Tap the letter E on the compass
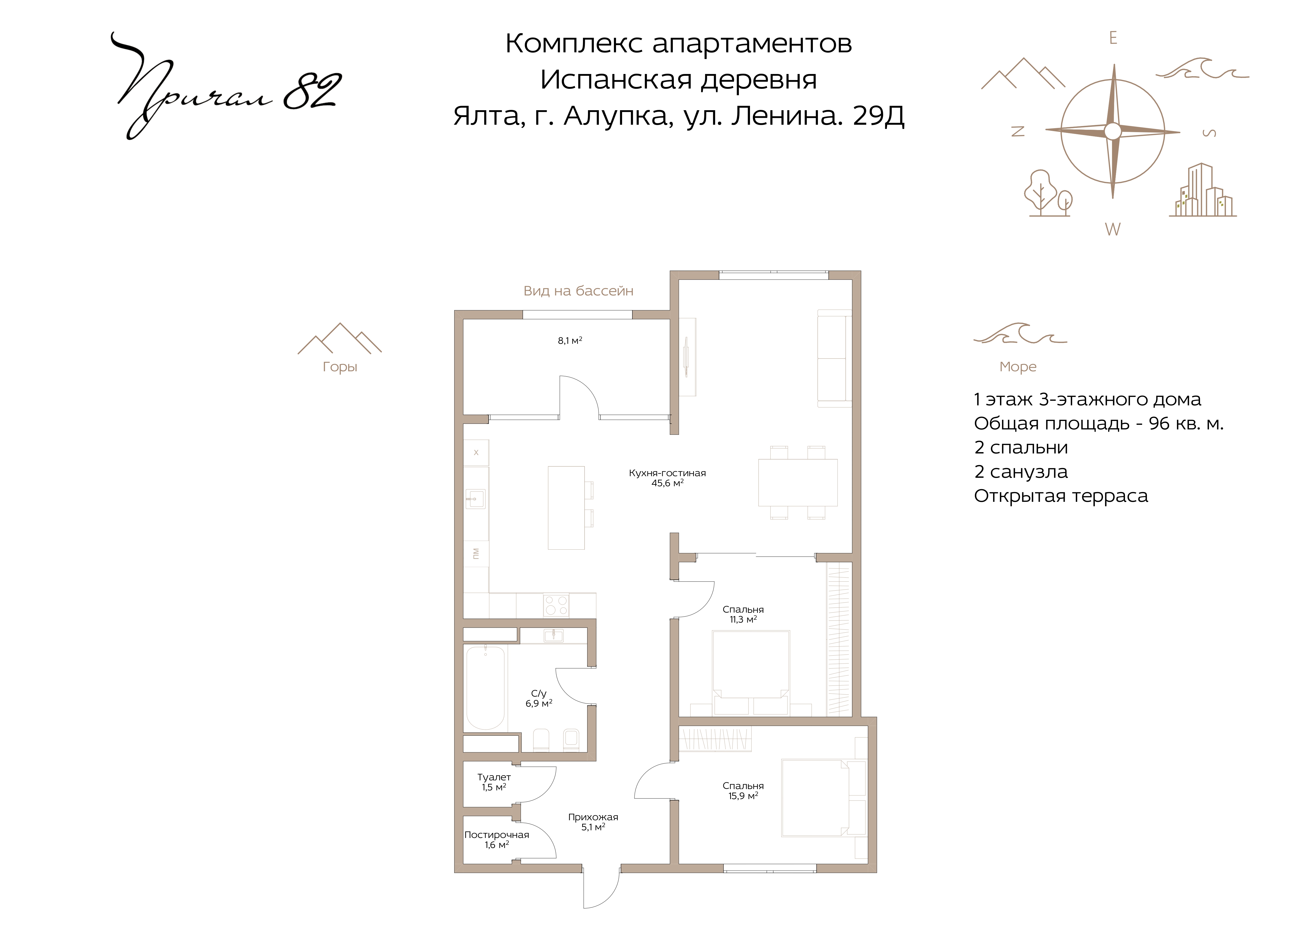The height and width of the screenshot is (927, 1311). pos(1113,38)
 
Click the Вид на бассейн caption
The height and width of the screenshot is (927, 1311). pos(578,291)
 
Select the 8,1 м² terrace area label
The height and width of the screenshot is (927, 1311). pos(570,341)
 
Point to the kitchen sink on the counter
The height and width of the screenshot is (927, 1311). pos(475,498)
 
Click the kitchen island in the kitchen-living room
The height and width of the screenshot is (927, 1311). pos(566,507)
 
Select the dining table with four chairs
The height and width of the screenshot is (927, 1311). pos(798,482)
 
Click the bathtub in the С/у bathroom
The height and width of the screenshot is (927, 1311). pos(485,688)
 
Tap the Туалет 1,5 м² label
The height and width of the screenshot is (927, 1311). pos(494,782)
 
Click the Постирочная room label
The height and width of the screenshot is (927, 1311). pos(497,835)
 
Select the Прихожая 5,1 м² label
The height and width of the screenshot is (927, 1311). pos(593,822)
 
